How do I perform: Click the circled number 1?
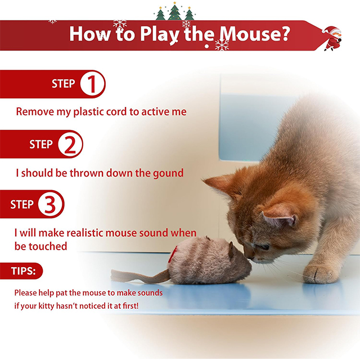[x=92, y=84]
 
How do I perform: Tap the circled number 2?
[x=70, y=145]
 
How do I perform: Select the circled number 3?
[x=51, y=204]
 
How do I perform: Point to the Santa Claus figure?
[x=332, y=38]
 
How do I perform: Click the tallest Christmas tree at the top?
[x=174, y=11]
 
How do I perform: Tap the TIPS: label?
[x=23, y=271]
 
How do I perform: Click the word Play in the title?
[x=160, y=34]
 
